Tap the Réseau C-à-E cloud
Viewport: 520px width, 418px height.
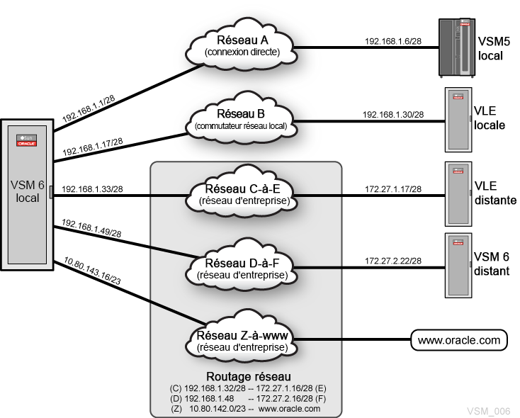tap(242, 193)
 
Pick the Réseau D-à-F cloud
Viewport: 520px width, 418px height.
tap(242, 267)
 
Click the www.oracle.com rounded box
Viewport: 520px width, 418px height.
tap(459, 340)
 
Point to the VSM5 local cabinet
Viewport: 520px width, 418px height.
tap(457, 48)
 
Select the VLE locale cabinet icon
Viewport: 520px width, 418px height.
tap(458, 120)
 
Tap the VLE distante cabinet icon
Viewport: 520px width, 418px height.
tap(458, 193)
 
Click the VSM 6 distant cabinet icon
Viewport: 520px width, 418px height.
tap(458, 266)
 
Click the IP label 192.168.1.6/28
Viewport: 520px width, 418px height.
tap(393, 41)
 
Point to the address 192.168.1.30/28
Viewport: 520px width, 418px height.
tap(393, 115)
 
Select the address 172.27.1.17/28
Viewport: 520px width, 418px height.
tap(393, 189)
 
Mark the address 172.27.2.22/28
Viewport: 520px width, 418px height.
tap(393, 261)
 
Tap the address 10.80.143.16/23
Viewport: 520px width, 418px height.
tap(92, 271)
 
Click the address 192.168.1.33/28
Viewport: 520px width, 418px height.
tap(92, 189)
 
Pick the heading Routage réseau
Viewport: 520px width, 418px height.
tap(249, 376)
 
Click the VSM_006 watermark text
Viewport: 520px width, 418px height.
tap(489, 411)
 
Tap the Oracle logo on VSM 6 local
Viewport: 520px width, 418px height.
tap(27, 144)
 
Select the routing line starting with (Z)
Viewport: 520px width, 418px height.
tap(246, 409)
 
